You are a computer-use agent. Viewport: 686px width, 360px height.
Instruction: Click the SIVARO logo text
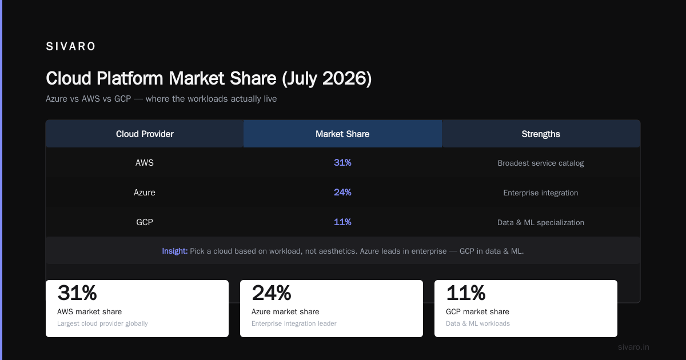coord(70,46)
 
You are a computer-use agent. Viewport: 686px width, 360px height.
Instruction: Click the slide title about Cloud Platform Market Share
coord(209,78)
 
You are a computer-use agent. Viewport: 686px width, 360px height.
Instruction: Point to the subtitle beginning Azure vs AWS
coord(161,99)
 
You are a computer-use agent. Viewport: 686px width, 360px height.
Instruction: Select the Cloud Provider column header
coord(145,134)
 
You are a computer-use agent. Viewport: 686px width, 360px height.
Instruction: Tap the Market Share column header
coord(342,134)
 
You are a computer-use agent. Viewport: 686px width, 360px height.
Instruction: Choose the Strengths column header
coord(541,134)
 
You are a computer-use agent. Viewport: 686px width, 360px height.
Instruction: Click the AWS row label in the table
coord(145,162)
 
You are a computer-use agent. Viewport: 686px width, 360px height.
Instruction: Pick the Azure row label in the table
coord(145,192)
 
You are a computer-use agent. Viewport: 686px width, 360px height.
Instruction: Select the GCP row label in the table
coord(145,222)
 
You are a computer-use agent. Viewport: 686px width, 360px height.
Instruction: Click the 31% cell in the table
coord(342,162)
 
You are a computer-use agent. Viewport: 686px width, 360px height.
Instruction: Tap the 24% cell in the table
coord(342,192)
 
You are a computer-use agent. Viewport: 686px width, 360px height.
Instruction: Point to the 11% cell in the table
coord(342,222)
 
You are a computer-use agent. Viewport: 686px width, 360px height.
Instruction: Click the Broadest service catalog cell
coord(541,163)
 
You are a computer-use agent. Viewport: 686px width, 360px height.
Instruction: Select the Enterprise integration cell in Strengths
coord(541,193)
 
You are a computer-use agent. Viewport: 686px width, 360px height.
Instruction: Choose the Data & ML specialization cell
coord(541,222)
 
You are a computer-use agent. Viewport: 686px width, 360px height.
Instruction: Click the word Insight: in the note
coord(175,251)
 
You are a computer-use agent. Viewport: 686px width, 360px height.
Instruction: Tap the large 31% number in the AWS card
coord(77,293)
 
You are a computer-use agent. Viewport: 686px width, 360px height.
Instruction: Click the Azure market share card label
coord(285,311)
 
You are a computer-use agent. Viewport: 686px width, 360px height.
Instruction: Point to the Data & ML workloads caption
coord(478,323)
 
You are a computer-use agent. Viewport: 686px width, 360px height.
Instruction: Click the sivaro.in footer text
coord(633,347)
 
